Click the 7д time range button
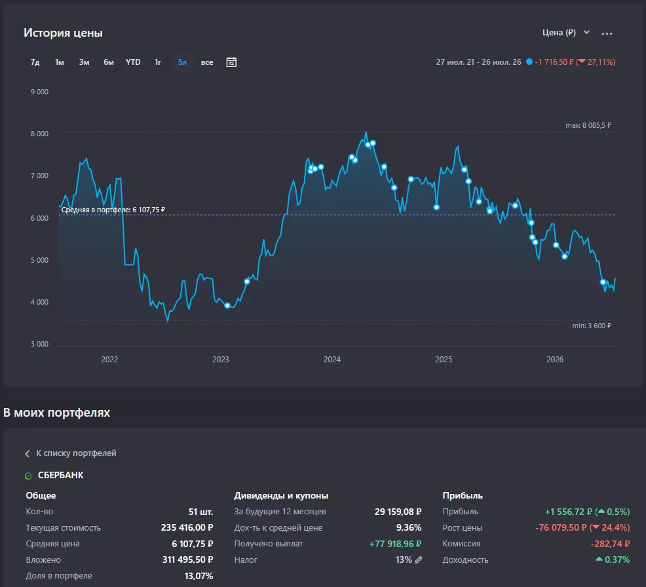click(x=35, y=62)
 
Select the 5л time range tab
click(x=182, y=62)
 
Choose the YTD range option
click(x=133, y=62)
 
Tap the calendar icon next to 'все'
click(x=231, y=62)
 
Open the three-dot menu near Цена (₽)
click(x=607, y=33)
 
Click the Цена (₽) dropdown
click(x=566, y=33)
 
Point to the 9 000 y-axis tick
click(x=39, y=92)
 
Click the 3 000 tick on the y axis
click(x=39, y=344)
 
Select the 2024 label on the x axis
click(x=332, y=360)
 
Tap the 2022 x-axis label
click(x=109, y=360)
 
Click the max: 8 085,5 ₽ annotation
click(x=588, y=125)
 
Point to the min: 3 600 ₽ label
click(x=592, y=326)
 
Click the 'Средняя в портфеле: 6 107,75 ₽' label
click(x=113, y=210)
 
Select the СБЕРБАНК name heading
click(x=60, y=476)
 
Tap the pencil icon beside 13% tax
click(x=418, y=560)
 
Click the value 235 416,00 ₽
click(x=187, y=527)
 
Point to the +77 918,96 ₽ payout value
click(x=395, y=544)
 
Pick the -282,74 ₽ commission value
click(x=610, y=544)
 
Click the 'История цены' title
click(x=63, y=33)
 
